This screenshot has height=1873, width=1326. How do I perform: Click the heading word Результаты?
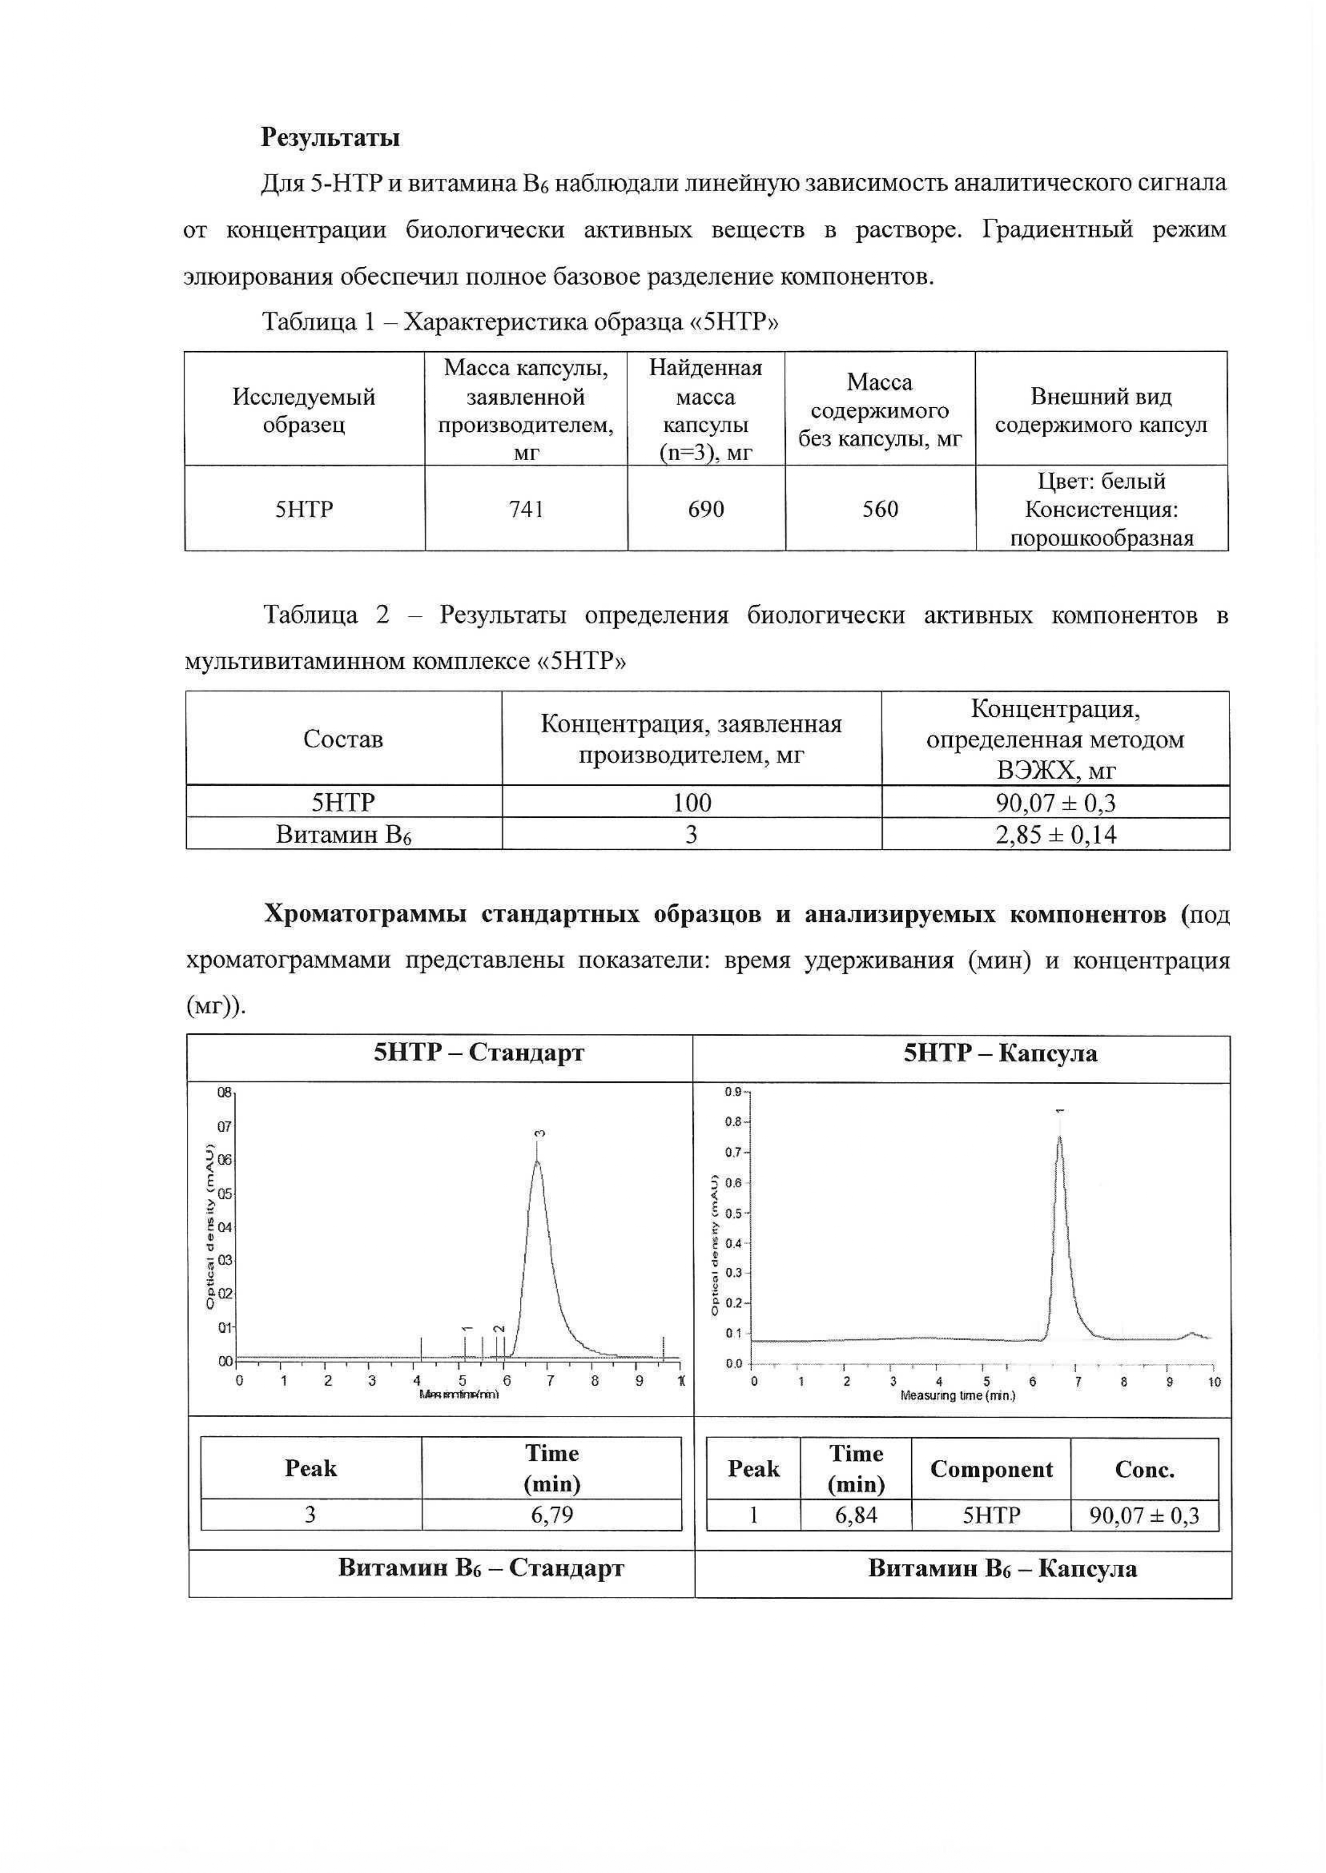point(330,137)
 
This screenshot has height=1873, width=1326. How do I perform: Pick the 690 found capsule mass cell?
point(706,509)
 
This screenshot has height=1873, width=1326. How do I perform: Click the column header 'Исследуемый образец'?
point(304,410)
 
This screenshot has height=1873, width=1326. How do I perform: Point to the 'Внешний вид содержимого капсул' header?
point(1101,410)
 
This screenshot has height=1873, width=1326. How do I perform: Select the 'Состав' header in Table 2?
point(343,739)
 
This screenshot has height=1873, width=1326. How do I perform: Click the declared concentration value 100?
point(692,803)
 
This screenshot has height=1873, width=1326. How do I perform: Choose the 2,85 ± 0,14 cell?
point(1055,834)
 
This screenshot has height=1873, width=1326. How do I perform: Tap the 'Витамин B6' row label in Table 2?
point(343,834)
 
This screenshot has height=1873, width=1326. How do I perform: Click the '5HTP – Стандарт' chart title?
point(479,1053)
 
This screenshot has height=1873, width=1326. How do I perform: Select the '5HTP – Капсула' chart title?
point(1000,1053)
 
